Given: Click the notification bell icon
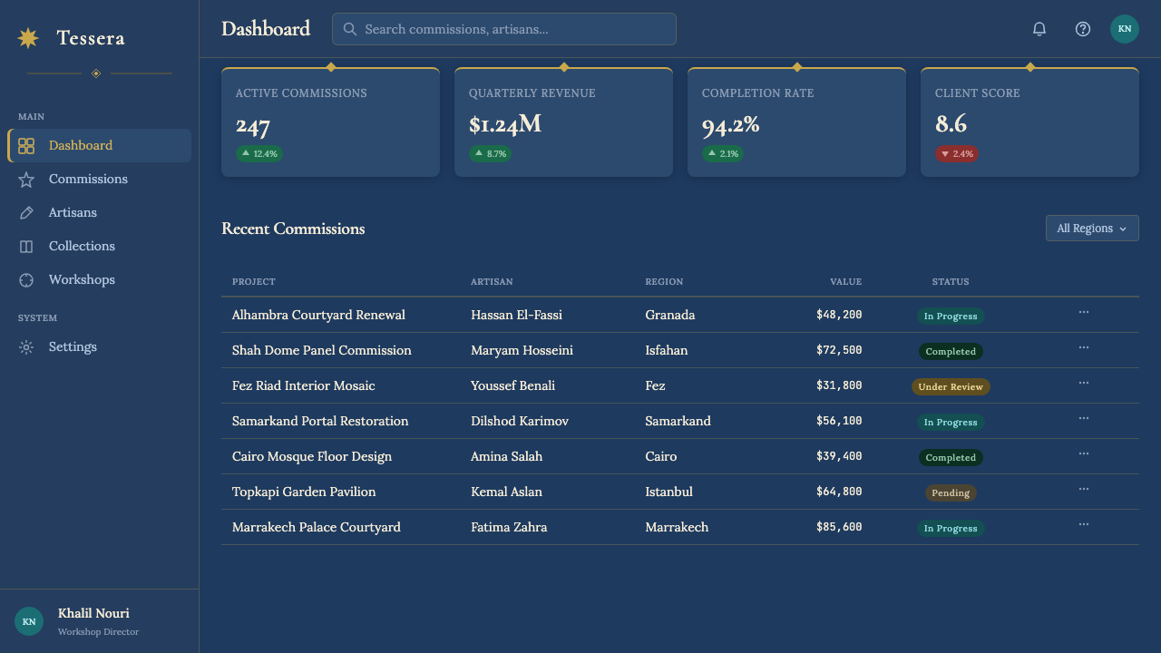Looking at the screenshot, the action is point(1039,29).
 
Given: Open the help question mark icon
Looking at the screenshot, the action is point(1083,29).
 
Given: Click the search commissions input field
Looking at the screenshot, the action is point(503,29).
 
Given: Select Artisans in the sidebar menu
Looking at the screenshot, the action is point(73,212).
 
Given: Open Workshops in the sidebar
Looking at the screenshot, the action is point(82,280).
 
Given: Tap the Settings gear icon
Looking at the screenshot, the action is point(26,347).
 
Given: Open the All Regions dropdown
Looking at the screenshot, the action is point(1092,228).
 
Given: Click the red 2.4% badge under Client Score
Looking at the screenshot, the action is point(957,154).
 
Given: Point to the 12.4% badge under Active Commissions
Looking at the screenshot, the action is point(259,154).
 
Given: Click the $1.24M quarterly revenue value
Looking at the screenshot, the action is point(505,124).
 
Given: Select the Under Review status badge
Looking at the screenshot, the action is point(951,386).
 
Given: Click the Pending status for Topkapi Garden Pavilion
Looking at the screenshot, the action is point(951,492).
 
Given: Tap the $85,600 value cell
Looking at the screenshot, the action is point(839,527).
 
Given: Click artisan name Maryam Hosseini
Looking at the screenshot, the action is point(522,350).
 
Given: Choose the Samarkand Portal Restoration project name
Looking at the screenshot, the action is point(320,421).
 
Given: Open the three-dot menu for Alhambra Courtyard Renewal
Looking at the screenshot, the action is point(1084,313).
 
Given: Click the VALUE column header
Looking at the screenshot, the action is point(846,281).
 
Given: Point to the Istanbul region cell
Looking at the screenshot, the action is point(668,492).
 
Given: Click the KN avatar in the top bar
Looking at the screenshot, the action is point(1124,29).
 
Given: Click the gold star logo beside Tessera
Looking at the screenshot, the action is point(28,38).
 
